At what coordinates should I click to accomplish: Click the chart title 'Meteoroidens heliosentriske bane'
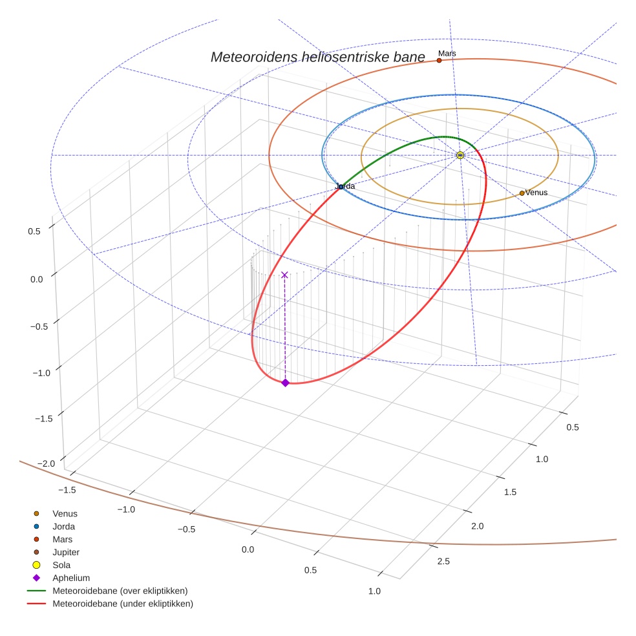click(317, 58)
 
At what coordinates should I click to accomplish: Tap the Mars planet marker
click(439, 60)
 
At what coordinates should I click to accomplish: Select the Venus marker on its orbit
click(522, 193)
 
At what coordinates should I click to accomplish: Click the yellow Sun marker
click(460, 155)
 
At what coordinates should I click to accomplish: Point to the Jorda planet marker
click(341, 187)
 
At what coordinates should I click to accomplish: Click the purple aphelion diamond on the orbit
click(285, 383)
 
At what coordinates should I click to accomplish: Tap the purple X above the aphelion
click(284, 275)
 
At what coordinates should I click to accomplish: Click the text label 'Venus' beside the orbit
click(536, 193)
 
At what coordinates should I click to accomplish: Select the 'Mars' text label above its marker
click(447, 53)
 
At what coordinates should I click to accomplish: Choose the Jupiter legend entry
click(66, 552)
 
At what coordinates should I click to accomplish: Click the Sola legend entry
click(61, 565)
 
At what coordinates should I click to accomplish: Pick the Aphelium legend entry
click(71, 578)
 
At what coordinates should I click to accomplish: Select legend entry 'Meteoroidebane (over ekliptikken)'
click(120, 591)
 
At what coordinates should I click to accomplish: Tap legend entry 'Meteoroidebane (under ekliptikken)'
click(123, 604)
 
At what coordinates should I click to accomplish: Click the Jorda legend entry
click(63, 526)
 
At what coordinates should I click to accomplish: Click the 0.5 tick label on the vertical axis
click(34, 231)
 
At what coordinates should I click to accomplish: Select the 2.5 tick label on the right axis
click(443, 561)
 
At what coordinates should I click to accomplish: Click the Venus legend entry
click(65, 513)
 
